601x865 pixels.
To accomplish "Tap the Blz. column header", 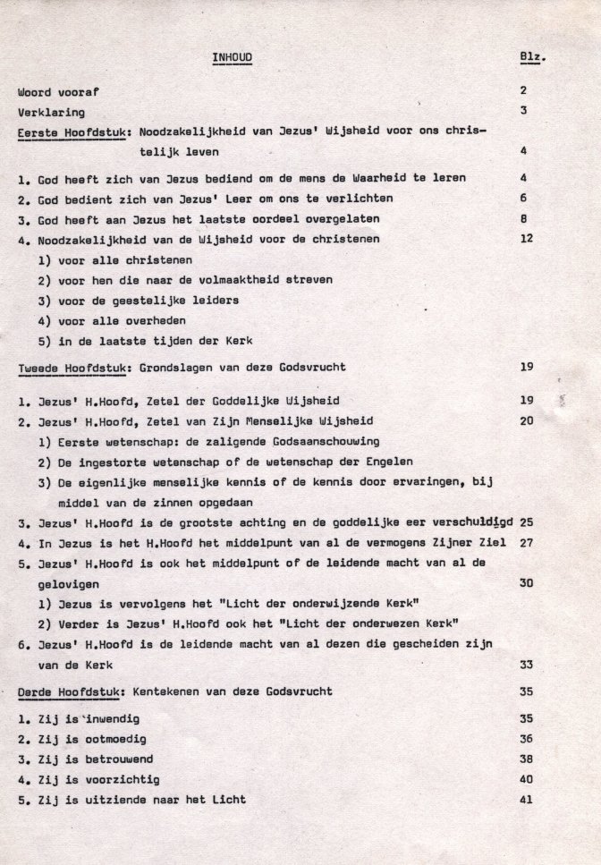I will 533,59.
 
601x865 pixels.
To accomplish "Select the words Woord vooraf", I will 54,91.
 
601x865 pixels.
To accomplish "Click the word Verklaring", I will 51,113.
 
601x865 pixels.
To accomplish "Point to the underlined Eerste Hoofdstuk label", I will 70,132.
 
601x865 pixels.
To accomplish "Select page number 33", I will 525,664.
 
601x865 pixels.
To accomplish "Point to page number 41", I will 525,799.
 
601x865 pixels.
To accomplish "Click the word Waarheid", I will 368,178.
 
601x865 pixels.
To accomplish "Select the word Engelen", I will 385,462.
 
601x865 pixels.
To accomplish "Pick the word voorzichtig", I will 114,779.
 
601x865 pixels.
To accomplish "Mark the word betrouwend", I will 110,759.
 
